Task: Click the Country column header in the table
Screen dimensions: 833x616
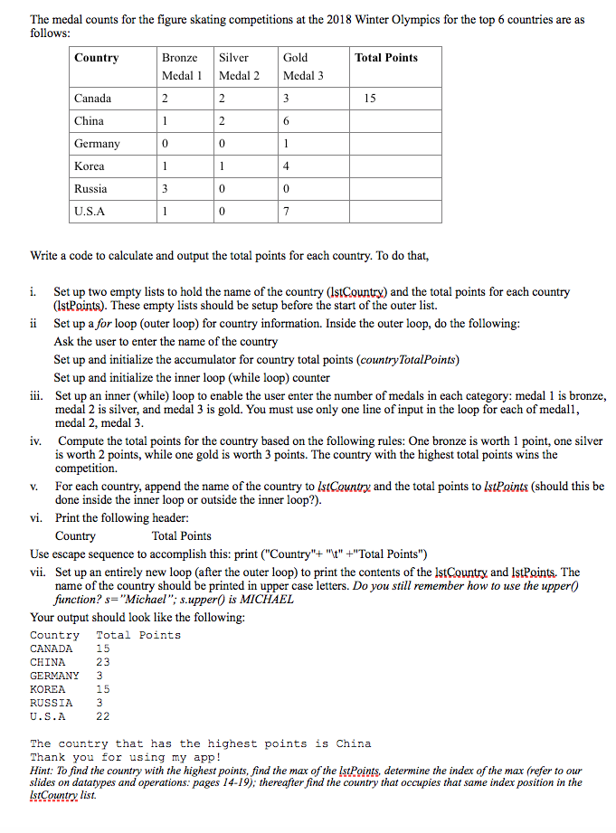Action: coord(97,58)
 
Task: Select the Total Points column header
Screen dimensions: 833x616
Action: coord(386,58)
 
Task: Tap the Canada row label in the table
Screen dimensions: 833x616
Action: coord(93,98)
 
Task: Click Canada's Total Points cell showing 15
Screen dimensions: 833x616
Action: coord(370,98)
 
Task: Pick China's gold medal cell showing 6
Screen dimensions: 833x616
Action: coord(286,120)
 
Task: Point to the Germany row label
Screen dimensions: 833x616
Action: coord(98,143)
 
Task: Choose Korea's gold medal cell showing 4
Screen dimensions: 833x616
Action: coord(286,166)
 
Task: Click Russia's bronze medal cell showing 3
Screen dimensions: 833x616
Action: coord(165,188)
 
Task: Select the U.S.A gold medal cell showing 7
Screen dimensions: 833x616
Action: coord(286,211)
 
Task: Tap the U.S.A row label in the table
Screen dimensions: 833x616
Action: coord(90,211)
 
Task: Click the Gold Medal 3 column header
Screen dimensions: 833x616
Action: coord(302,66)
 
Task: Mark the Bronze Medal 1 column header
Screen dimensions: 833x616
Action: coord(181,66)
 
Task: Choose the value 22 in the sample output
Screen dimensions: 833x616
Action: coord(103,715)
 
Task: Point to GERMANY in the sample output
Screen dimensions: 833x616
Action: coord(54,675)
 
